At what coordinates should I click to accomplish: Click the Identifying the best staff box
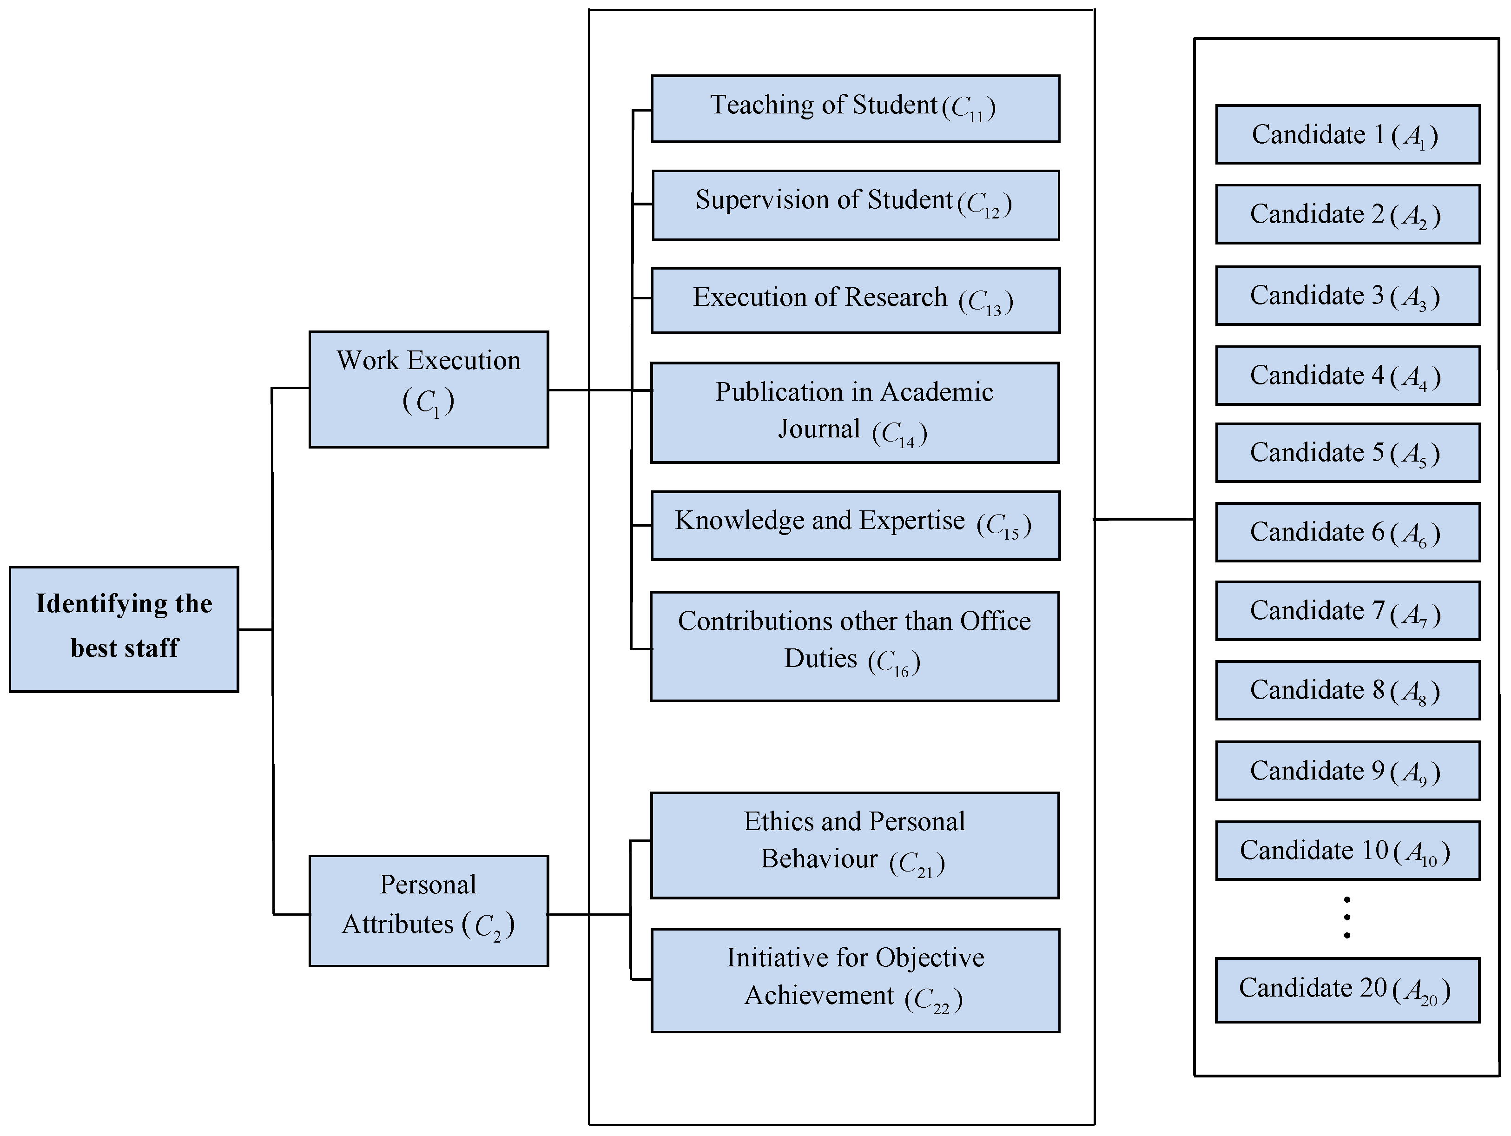[124, 629]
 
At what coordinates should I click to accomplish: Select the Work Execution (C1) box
[429, 390]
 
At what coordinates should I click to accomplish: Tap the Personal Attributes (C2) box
[429, 911]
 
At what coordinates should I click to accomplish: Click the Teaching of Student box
[855, 109]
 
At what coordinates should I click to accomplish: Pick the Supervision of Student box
[855, 205]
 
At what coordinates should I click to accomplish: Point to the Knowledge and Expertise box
[855, 525]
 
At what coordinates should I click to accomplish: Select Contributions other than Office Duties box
[854, 646]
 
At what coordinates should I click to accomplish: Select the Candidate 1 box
[1347, 135]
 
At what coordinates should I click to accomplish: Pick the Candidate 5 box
[1347, 452]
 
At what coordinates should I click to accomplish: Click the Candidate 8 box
[1347, 690]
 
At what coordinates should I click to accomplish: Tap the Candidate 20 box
[1347, 990]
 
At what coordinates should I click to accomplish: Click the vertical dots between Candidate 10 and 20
[1346, 918]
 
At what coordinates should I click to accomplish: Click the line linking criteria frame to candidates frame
[1144, 519]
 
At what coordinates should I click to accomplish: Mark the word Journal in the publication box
[818, 429]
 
